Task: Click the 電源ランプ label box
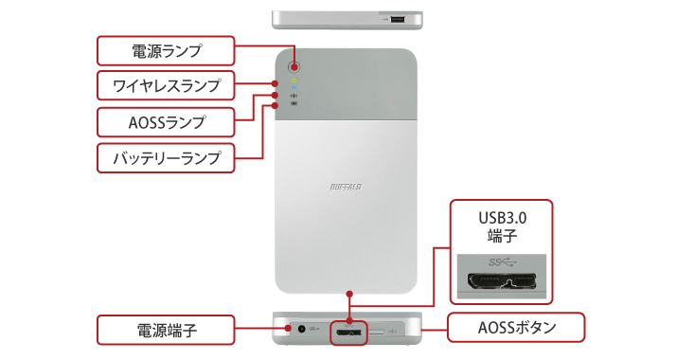(166, 49)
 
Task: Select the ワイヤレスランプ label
(166, 86)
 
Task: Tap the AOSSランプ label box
(166, 121)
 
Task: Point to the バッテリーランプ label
(166, 157)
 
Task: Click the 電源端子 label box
(166, 330)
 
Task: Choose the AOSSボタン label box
(517, 330)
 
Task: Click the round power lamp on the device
(294, 67)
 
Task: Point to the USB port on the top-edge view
(396, 19)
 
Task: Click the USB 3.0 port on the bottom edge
(349, 332)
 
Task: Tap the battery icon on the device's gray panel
(294, 105)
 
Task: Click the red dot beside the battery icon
(275, 105)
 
